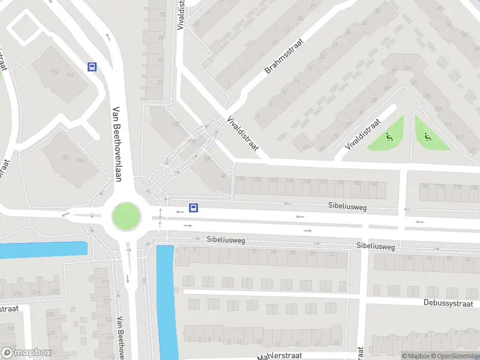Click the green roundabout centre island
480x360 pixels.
(x=126, y=215)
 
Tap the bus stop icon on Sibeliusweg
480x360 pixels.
(x=194, y=208)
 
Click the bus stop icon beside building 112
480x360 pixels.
(x=92, y=67)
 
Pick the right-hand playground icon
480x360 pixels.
(x=427, y=137)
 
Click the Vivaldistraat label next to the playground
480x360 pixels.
(x=364, y=135)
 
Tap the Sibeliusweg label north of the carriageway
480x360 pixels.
(x=347, y=206)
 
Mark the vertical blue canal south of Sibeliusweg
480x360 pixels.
(x=166, y=300)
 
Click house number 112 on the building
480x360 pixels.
(x=55, y=73)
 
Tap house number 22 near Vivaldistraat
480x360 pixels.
(x=160, y=82)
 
